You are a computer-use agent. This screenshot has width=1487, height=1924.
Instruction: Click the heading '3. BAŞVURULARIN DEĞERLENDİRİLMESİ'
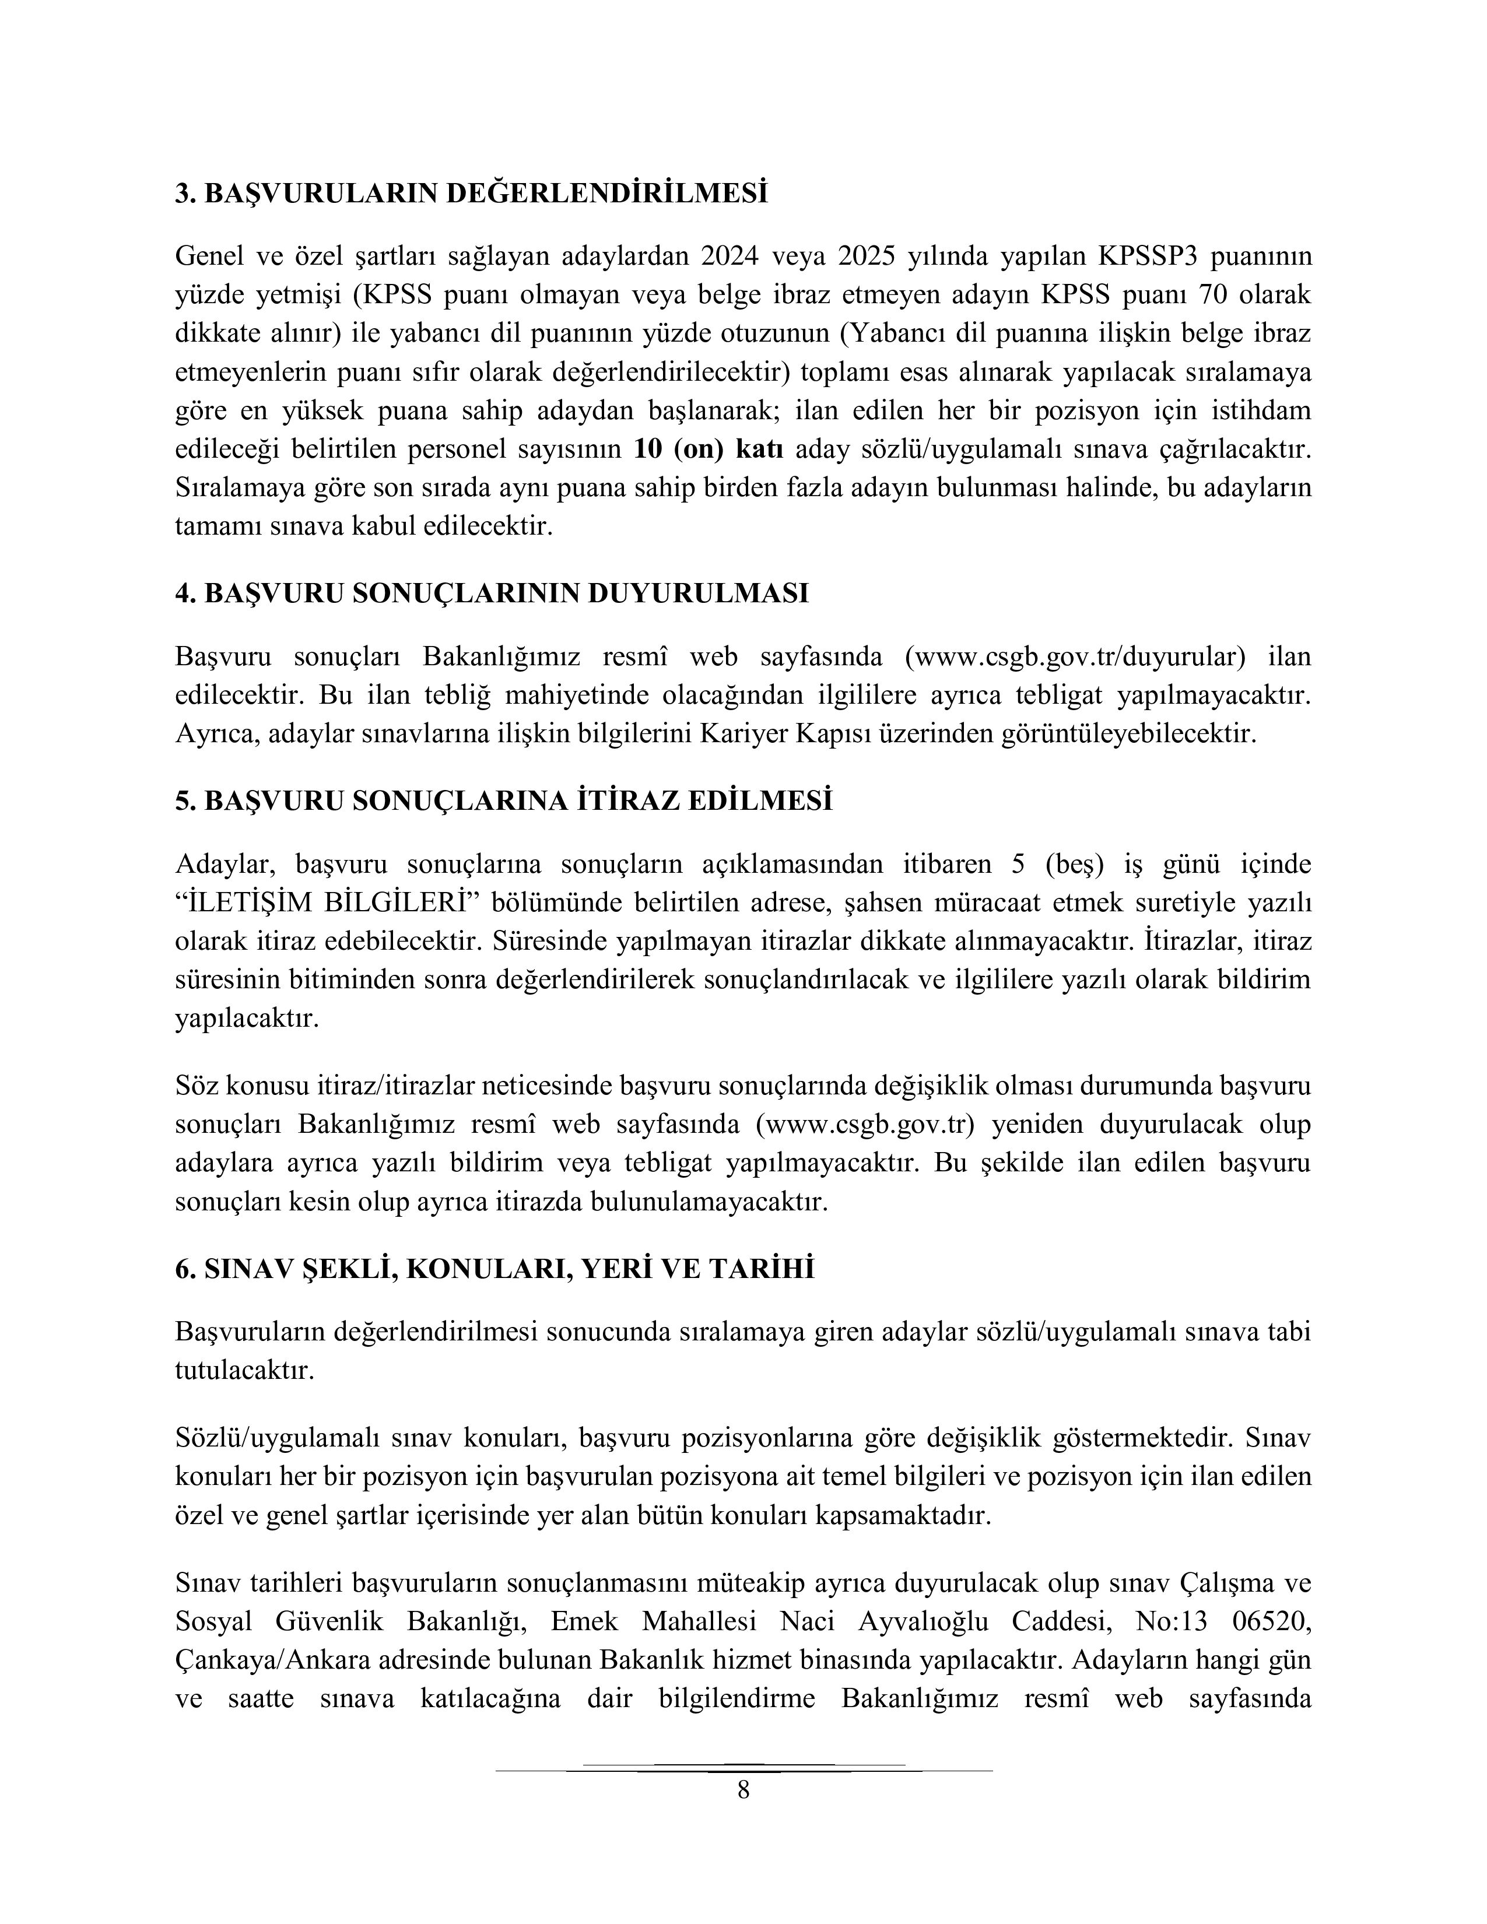click(x=471, y=193)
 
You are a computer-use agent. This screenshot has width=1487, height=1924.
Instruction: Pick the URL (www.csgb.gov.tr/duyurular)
click(x=1076, y=657)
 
